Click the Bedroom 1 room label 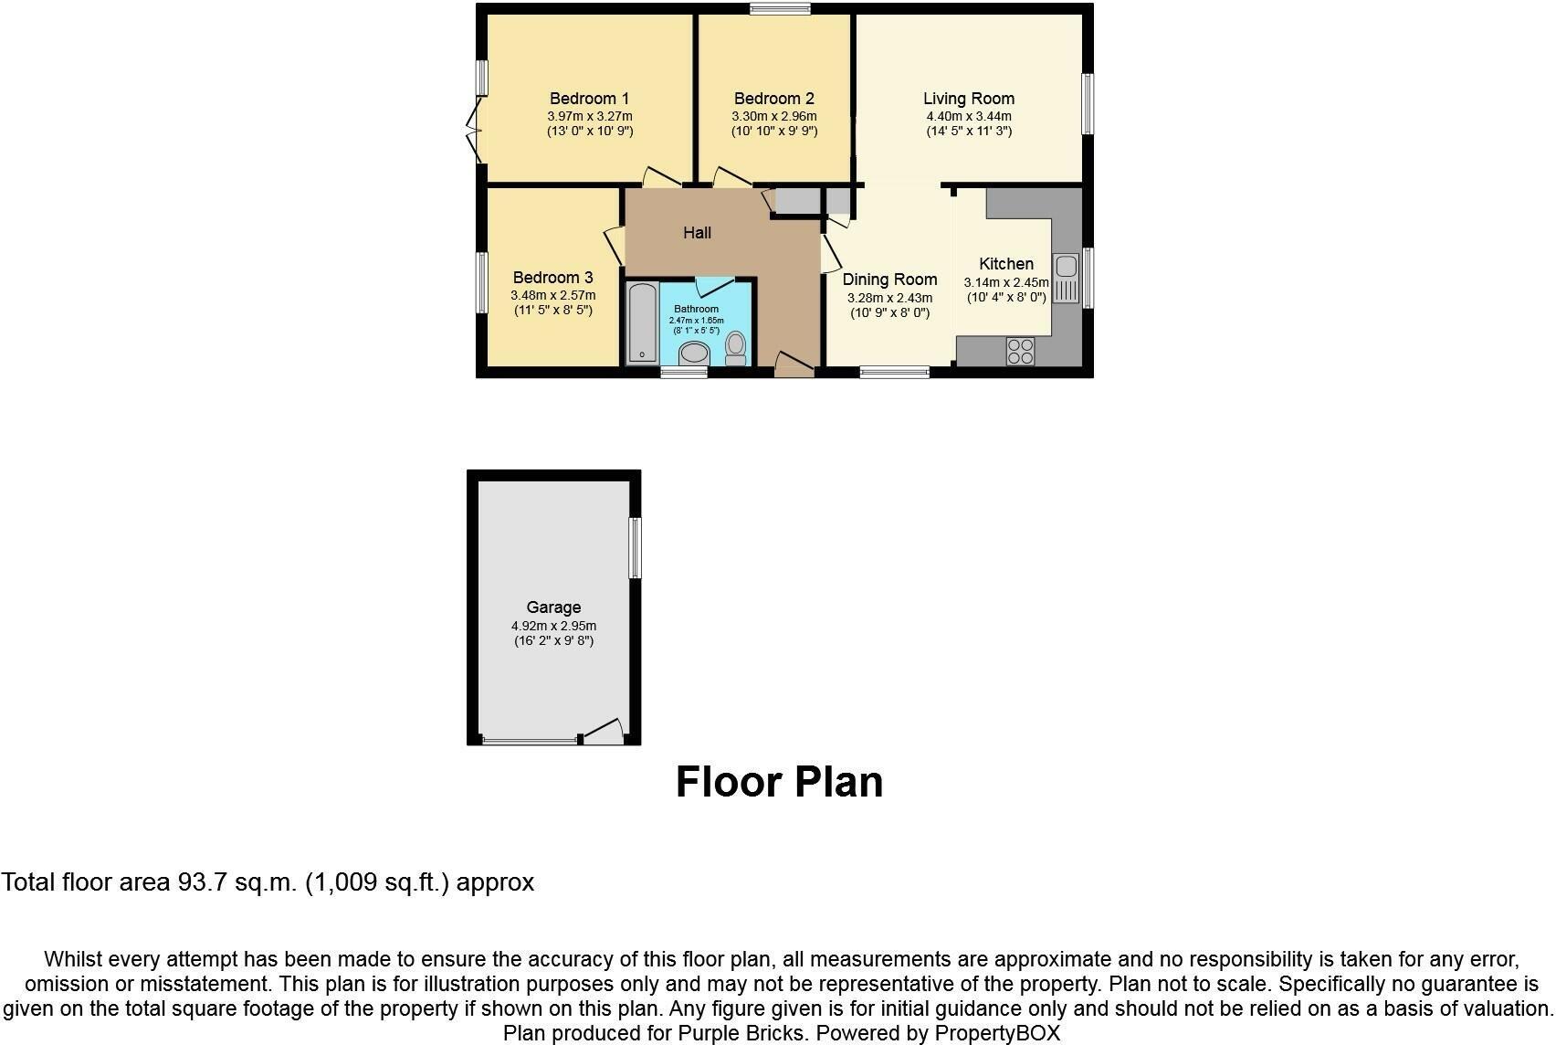coord(589,99)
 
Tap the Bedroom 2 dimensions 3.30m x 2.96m coord(773,117)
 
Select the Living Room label coord(968,99)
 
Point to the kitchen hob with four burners coord(1020,351)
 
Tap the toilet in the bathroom coord(736,348)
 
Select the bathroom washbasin coord(700,354)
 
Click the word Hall coord(697,233)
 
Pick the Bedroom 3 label coord(552,278)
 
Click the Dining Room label coord(889,280)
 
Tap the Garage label coord(553,607)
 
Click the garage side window coord(636,547)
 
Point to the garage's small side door coord(603,732)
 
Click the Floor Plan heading coord(779,783)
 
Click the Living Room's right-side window coord(1088,104)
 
